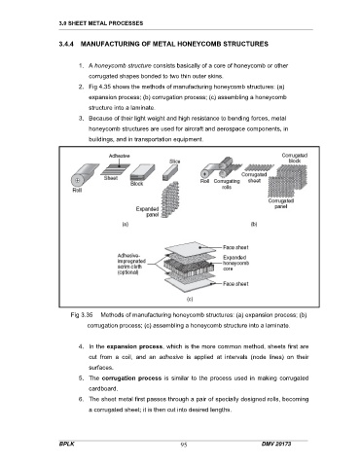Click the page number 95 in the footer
pyautogui.click(x=184, y=445)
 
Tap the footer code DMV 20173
pyautogui.click(x=276, y=444)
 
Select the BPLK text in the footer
pyautogui.click(x=66, y=444)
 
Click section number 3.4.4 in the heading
pyautogui.click(x=67, y=44)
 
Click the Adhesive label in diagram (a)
pyautogui.click(x=119, y=156)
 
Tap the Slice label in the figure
pyautogui.click(x=174, y=162)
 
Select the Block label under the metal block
pyautogui.click(x=136, y=184)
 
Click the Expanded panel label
pyautogui.click(x=148, y=212)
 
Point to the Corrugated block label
pyautogui.click(x=295, y=158)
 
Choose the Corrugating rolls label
pyautogui.click(x=227, y=184)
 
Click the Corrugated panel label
pyautogui.click(x=281, y=203)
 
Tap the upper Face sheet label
pyautogui.click(x=235, y=247)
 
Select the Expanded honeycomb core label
pyautogui.click(x=235, y=263)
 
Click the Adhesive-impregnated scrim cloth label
pyautogui.click(x=131, y=264)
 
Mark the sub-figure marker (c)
pyautogui.click(x=190, y=300)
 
